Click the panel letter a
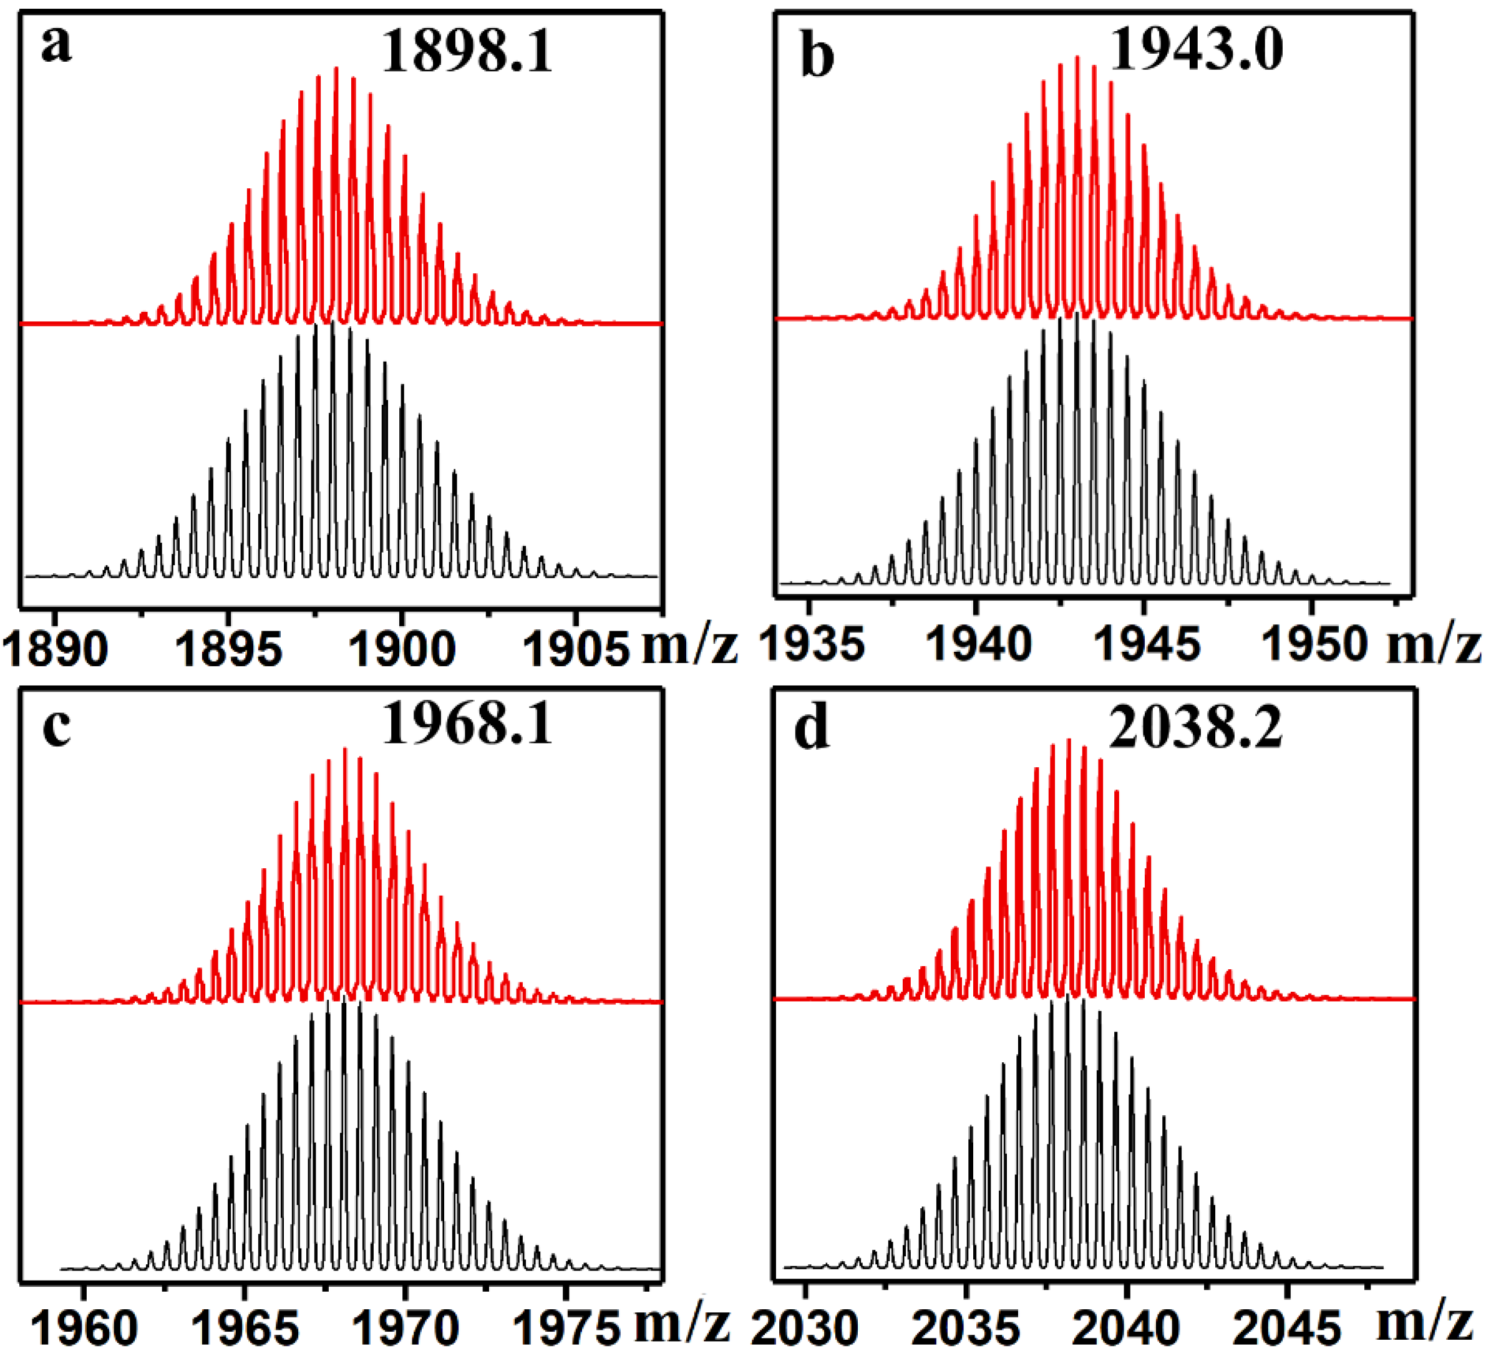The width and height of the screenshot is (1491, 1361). pos(56,46)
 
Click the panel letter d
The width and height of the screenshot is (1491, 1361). pos(812,728)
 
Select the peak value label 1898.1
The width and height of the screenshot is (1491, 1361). pos(467,53)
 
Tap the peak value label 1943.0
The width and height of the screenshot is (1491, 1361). pos(1197,49)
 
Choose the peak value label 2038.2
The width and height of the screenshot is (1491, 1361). pos(1196,728)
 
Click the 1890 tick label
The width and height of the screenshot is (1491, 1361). pos(56,650)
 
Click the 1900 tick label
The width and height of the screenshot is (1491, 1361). pos(402,650)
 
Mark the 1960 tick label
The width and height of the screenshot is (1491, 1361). pos(84,1329)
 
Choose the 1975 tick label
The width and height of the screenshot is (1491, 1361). pos(566,1329)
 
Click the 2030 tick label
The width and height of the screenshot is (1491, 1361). pos(805,1329)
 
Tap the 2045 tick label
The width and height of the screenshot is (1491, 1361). pos(1287,1329)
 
